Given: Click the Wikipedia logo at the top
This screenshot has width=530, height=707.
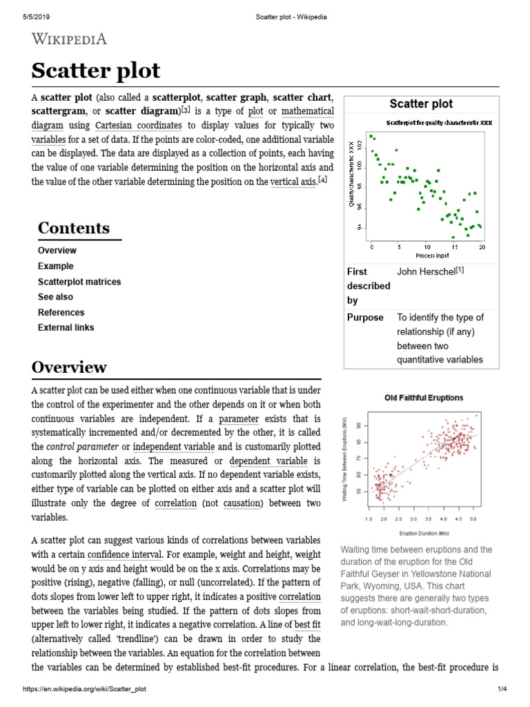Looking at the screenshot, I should (69, 39).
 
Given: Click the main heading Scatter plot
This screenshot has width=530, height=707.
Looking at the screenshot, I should (95, 70).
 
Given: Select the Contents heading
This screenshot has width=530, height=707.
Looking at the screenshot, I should (73, 228).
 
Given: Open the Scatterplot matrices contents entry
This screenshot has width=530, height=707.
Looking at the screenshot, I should (79, 282).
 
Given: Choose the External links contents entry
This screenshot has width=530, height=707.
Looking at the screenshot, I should (66, 327).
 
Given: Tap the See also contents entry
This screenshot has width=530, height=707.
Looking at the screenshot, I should (55, 297).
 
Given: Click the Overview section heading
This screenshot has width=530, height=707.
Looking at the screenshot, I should (69, 367).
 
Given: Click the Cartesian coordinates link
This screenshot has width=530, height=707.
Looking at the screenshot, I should (138, 126).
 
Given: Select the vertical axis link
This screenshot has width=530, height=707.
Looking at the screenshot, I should (293, 182).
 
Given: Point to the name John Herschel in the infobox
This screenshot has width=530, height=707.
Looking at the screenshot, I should (426, 271).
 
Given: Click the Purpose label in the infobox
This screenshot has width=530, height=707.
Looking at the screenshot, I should (365, 318).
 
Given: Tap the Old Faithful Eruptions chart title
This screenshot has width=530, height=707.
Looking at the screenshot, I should (424, 398).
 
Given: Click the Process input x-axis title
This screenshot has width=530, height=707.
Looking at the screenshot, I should (426, 255).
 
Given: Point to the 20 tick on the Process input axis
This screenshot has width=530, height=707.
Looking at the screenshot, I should (482, 246).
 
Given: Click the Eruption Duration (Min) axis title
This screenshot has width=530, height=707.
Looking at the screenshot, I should (424, 533).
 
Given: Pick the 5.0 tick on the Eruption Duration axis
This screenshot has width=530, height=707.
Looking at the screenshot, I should (473, 518).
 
